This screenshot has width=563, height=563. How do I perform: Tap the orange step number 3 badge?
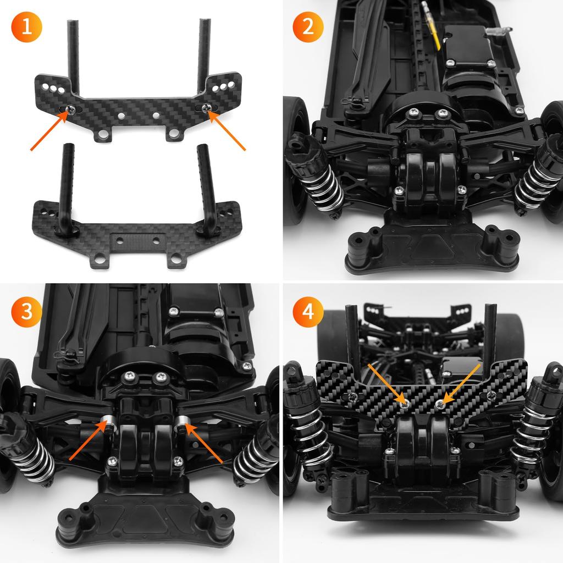point(26,312)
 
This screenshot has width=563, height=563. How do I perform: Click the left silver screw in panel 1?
point(70,109)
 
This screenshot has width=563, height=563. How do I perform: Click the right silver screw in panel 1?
point(207,108)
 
